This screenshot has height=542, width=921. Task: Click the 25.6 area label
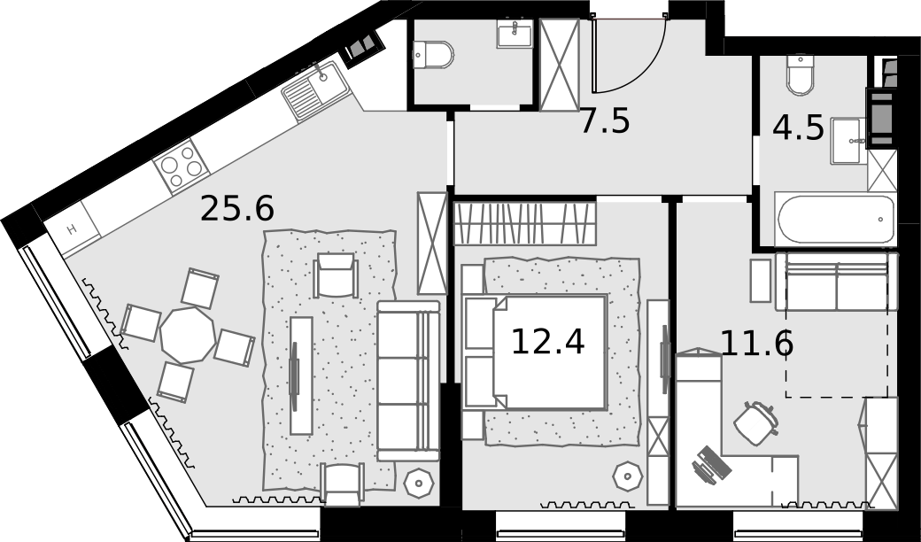[236, 208]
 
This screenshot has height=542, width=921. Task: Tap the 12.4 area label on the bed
[548, 342]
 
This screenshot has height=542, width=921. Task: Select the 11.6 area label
[756, 344]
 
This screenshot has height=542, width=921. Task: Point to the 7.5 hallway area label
[605, 121]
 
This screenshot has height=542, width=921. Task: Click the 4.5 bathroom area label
[798, 128]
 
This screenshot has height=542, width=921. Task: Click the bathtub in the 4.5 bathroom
[835, 219]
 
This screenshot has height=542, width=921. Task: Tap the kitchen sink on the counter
[316, 90]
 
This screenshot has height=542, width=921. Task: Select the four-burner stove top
[182, 166]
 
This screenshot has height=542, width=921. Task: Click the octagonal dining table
[188, 336]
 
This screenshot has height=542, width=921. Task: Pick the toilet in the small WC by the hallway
[433, 55]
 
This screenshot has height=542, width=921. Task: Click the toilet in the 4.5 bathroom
[800, 75]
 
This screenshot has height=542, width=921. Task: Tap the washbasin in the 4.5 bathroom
[848, 141]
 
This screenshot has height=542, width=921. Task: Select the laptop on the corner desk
[712, 465]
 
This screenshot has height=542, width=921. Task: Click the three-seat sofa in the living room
[408, 381]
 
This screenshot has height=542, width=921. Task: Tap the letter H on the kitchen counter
[72, 229]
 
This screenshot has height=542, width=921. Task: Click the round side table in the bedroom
[628, 476]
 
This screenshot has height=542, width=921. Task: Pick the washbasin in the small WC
[515, 34]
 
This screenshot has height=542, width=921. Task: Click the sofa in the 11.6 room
[836, 282]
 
